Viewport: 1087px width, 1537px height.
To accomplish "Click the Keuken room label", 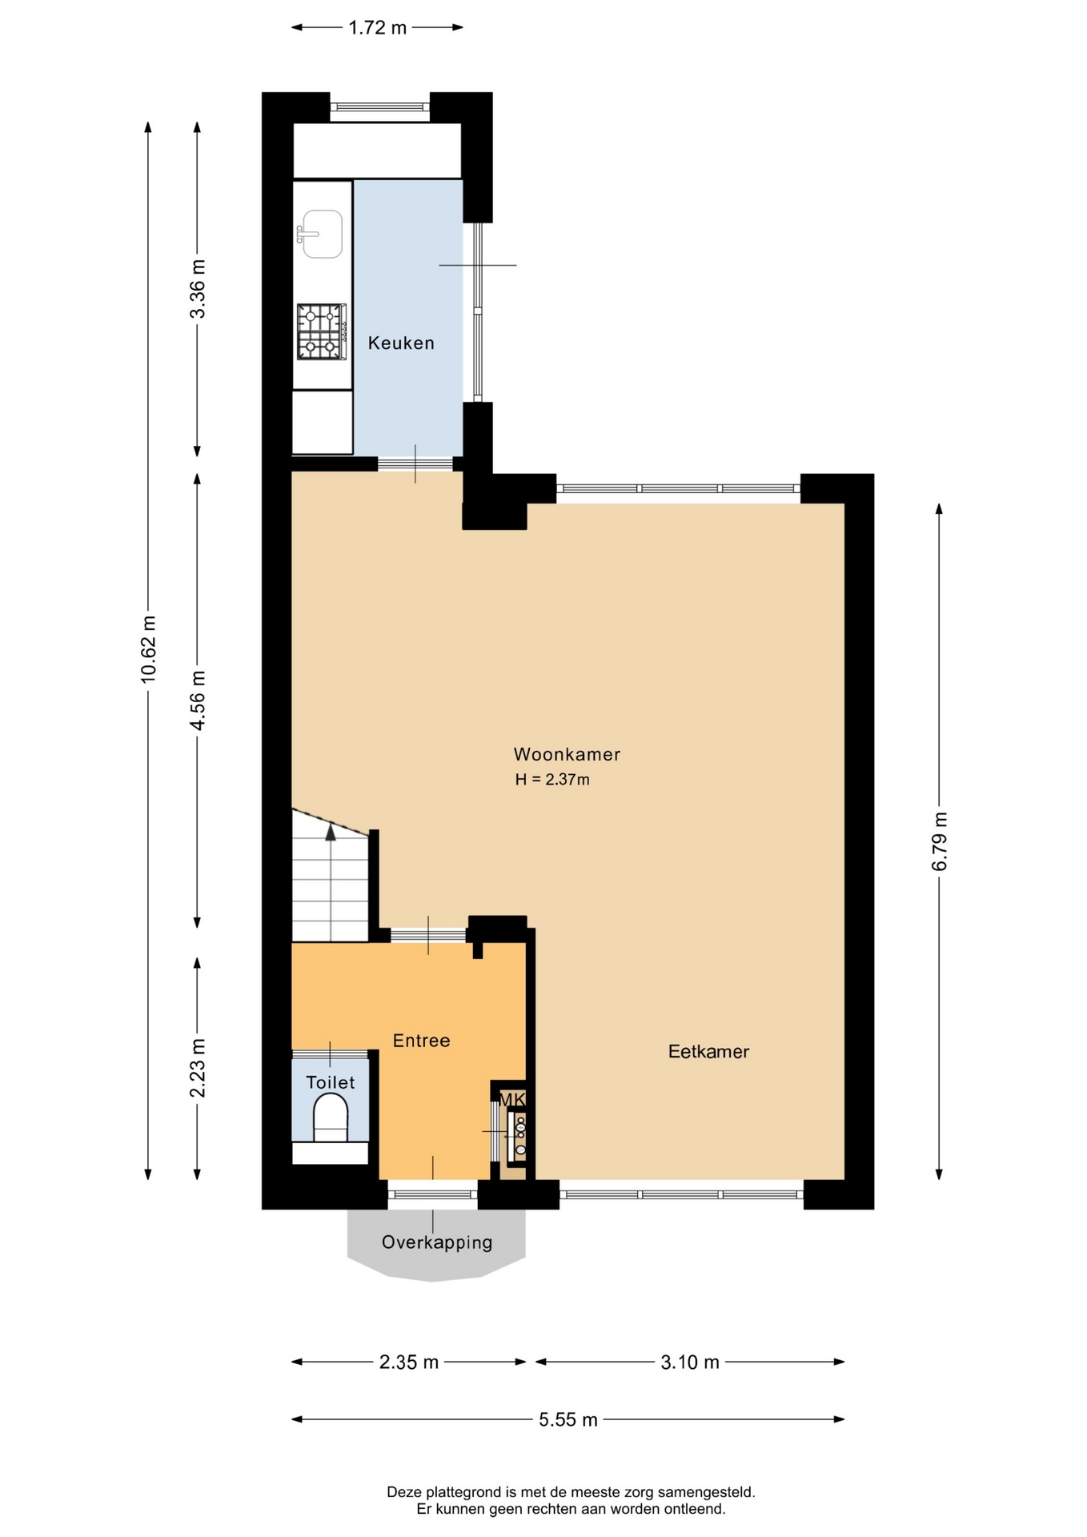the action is [x=401, y=343].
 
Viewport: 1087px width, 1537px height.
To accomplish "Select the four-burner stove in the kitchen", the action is [x=322, y=331].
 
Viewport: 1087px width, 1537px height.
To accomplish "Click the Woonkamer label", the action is [x=567, y=754].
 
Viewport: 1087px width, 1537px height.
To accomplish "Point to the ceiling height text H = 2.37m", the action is [x=552, y=780].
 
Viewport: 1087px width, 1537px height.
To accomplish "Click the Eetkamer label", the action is [x=708, y=1052].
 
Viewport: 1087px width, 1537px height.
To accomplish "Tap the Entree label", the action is [x=421, y=1041].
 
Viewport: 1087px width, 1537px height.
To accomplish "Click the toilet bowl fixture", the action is [x=330, y=1117].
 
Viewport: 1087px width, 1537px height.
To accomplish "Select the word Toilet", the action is [x=330, y=1082].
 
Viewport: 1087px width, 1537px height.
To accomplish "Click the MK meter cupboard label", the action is [x=512, y=1099].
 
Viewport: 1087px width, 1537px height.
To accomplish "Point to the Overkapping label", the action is [x=437, y=1242].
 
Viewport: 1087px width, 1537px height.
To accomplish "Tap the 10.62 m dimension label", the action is [x=148, y=649].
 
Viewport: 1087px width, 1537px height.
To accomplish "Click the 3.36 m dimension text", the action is [x=197, y=289].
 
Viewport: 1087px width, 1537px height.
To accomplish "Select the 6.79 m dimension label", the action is [x=939, y=841].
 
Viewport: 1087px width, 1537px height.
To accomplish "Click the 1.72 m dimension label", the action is [x=377, y=28].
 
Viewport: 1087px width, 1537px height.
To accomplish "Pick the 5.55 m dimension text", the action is [x=568, y=1420].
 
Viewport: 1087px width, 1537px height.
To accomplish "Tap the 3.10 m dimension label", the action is [x=689, y=1362].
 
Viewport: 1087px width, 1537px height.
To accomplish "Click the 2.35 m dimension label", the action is [x=408, y=1362].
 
